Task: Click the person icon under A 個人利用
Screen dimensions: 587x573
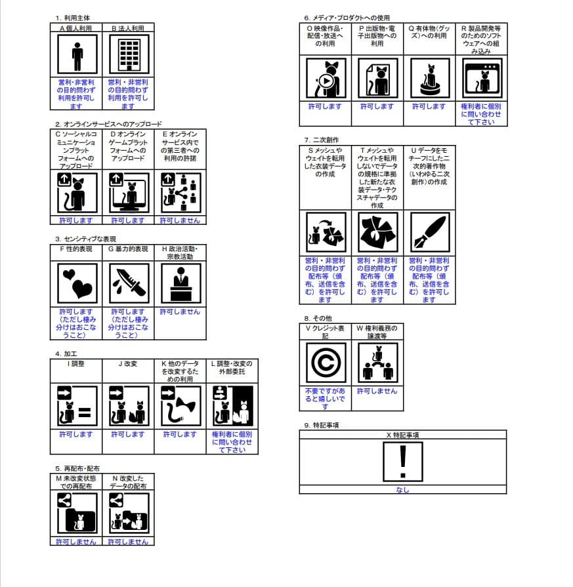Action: (77, 55)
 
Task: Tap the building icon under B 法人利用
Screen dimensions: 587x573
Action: (129, 55)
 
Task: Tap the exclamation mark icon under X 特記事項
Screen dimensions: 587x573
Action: (402, 461)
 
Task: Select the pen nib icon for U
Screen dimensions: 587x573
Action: (429, 232)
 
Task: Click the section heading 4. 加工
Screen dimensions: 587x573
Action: (68, 354)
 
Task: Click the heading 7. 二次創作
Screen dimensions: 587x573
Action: (322, 140)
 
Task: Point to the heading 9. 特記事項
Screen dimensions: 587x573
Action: (322, 425)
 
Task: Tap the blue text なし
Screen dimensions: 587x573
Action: (402, 489)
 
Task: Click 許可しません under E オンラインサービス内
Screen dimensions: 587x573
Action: (180, 220)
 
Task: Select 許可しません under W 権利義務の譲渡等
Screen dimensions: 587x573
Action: (377, 391)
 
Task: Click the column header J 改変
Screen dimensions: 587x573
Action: (128, 363)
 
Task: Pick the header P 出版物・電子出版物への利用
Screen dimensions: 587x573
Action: (377, 37)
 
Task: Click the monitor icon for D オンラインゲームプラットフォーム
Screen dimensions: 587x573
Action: (129, 193)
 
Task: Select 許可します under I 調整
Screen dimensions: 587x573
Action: (77, 434)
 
